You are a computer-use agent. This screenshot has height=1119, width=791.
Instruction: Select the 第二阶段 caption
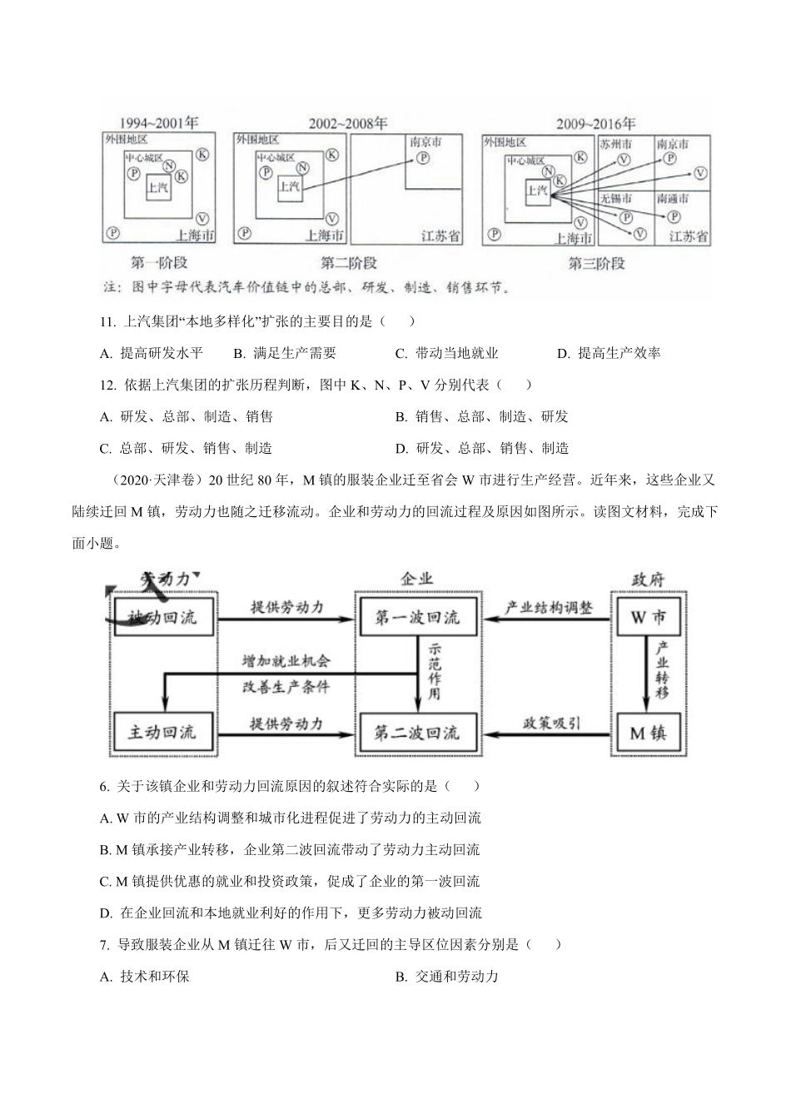tap(349, 263)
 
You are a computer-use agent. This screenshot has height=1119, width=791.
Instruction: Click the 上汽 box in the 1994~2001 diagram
tap(157, 186)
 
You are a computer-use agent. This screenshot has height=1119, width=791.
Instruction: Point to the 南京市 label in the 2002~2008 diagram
tap(427, 142)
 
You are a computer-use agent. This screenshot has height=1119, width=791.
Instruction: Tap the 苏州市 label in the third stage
tap(616, 144)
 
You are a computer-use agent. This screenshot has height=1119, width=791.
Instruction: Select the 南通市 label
tap(673, 199)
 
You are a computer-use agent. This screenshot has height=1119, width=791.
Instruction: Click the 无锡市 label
tap(616, 199)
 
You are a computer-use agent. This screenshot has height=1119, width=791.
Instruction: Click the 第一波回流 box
tap(417, 618)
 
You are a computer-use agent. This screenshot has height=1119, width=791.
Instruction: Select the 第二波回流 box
tap(417, 733)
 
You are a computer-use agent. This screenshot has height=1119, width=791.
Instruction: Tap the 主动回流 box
tap(162, 732)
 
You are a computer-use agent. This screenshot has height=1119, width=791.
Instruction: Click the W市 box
tap(648, 618)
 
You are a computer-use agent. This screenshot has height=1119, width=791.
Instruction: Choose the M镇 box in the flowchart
tap(648, 733)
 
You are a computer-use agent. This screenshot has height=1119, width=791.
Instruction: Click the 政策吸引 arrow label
tap(551, 723)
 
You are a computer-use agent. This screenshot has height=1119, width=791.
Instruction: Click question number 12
tap(106, 385)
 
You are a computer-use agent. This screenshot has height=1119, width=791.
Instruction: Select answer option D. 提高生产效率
tap(609, 353)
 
